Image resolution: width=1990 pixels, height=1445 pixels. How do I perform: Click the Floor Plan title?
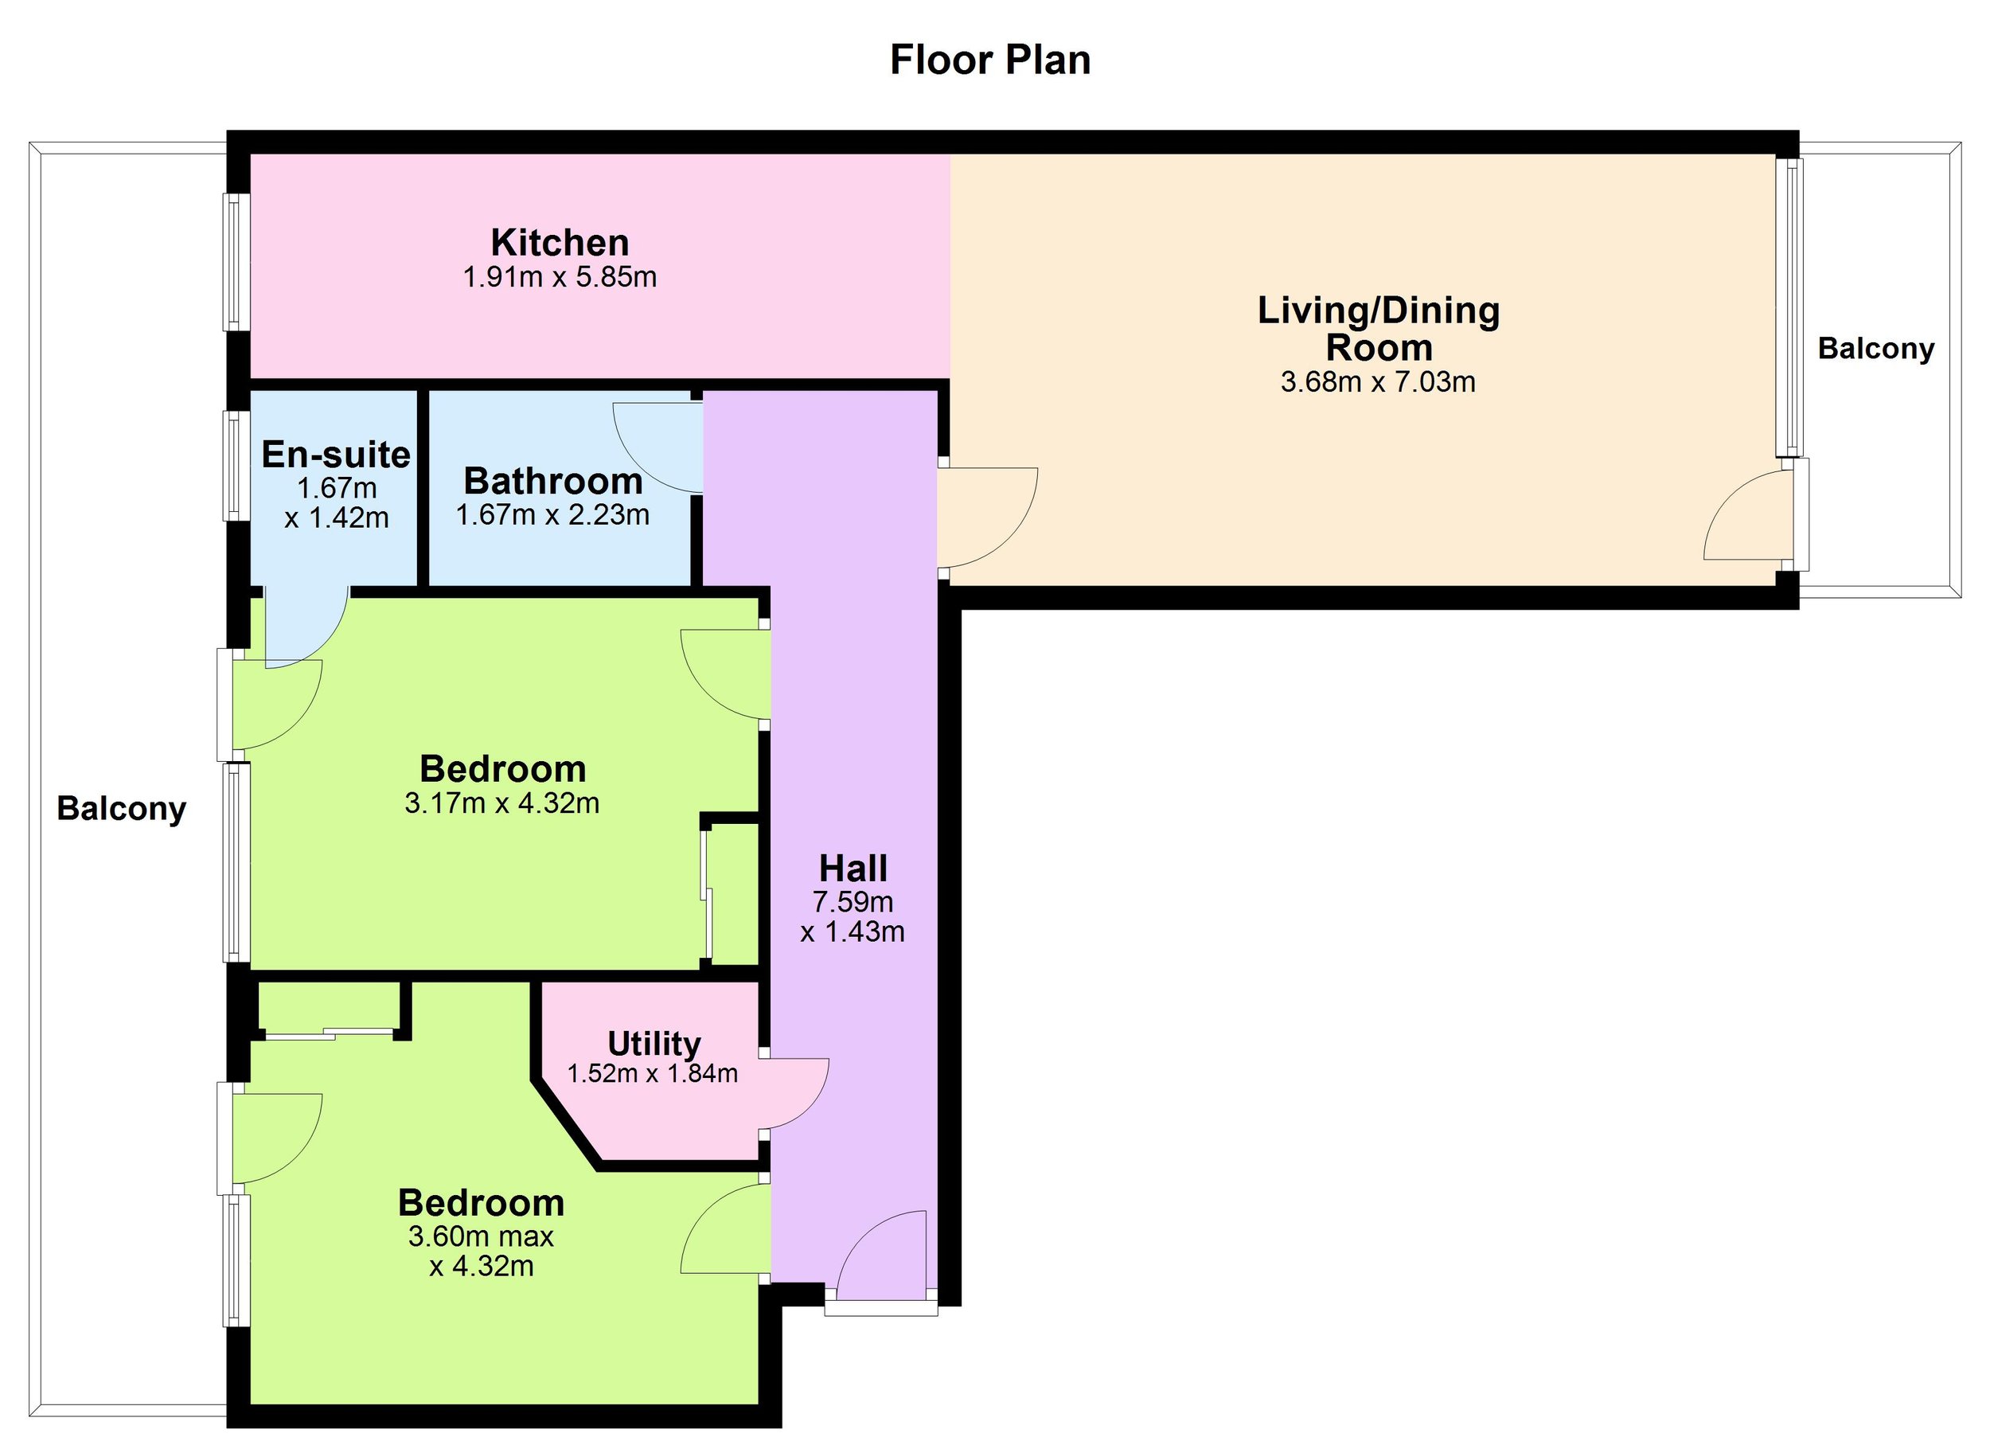[989, 61]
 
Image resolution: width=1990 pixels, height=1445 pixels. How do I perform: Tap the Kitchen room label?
[560, 243]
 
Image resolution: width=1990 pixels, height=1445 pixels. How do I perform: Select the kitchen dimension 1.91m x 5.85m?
[560, 278]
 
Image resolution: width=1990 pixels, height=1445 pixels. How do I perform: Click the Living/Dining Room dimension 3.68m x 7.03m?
[1378, 382]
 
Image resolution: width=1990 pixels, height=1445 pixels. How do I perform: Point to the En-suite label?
[336, 455]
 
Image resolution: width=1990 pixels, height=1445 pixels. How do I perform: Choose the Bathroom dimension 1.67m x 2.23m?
[552, 515]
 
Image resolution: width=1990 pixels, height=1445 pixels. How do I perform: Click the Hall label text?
[853, 869]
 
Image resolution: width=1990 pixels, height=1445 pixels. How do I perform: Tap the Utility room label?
[654, 1043]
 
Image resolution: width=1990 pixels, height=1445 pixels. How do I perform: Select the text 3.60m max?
[481, 1237]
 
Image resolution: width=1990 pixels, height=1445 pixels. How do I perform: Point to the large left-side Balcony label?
[121, 809]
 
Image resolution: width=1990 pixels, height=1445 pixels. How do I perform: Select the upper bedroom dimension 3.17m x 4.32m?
[502, 803]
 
